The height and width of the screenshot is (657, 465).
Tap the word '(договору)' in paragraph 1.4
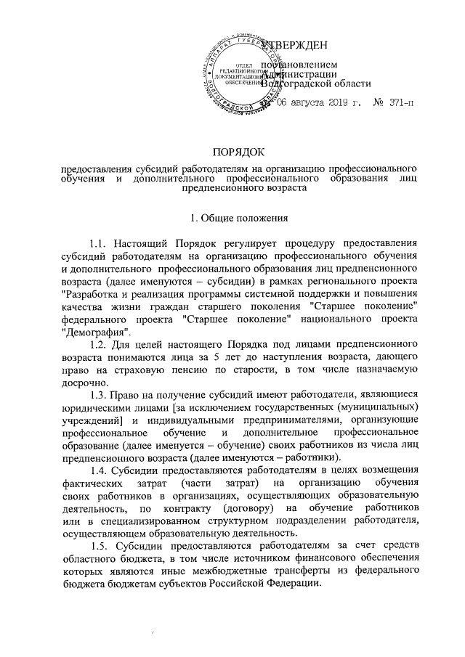coord(243,508)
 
